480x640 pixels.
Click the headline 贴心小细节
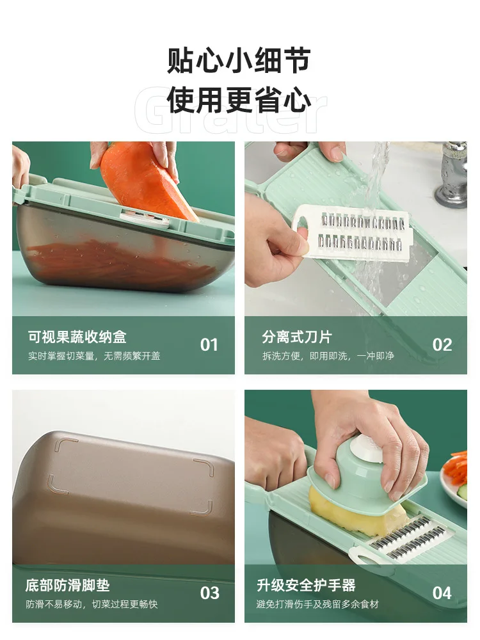tap(239, 60)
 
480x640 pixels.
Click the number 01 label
tap(209, 345)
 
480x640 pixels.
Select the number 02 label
tap(442, 345)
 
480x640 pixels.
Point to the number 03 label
tap(209, 593)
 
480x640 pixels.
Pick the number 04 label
tap(442, 593)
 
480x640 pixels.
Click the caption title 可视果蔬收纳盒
tap(77, 337)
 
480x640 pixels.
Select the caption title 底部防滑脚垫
tap(67, 585)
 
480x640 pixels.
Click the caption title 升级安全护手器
tap(306, 585)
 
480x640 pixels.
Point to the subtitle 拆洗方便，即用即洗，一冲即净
tap(328, 356)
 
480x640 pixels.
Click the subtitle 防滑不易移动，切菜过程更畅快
tap(92, 604)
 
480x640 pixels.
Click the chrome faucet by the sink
tap(451, 173)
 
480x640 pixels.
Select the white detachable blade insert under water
tap(351, 231)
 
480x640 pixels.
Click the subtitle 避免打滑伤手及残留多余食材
tap(317, 604)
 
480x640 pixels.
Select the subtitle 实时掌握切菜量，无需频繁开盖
tap(94, 356)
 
